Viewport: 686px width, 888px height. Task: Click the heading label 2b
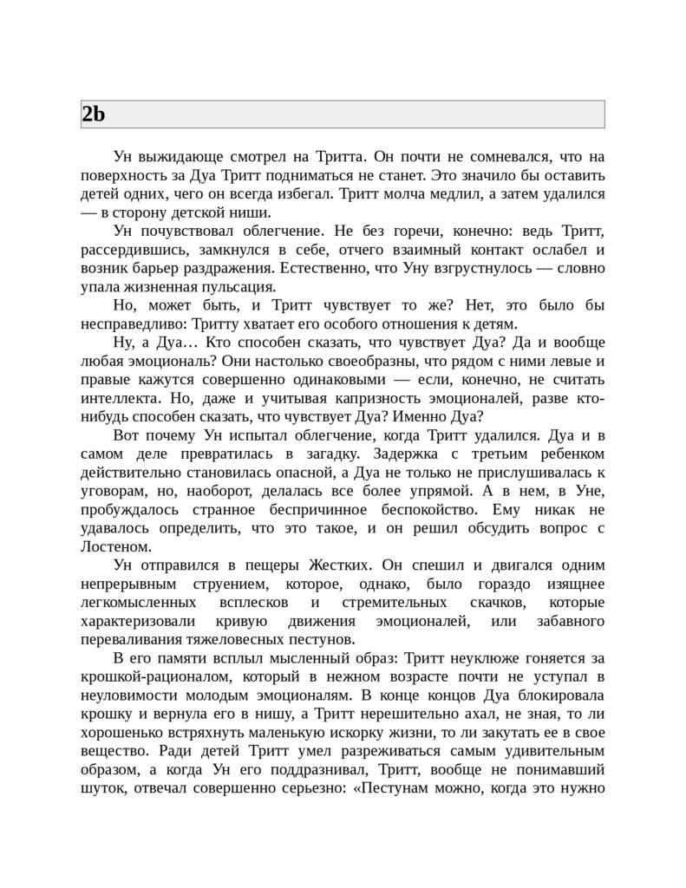tap(94, 114)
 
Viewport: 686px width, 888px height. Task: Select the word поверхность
tap(123, 176)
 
